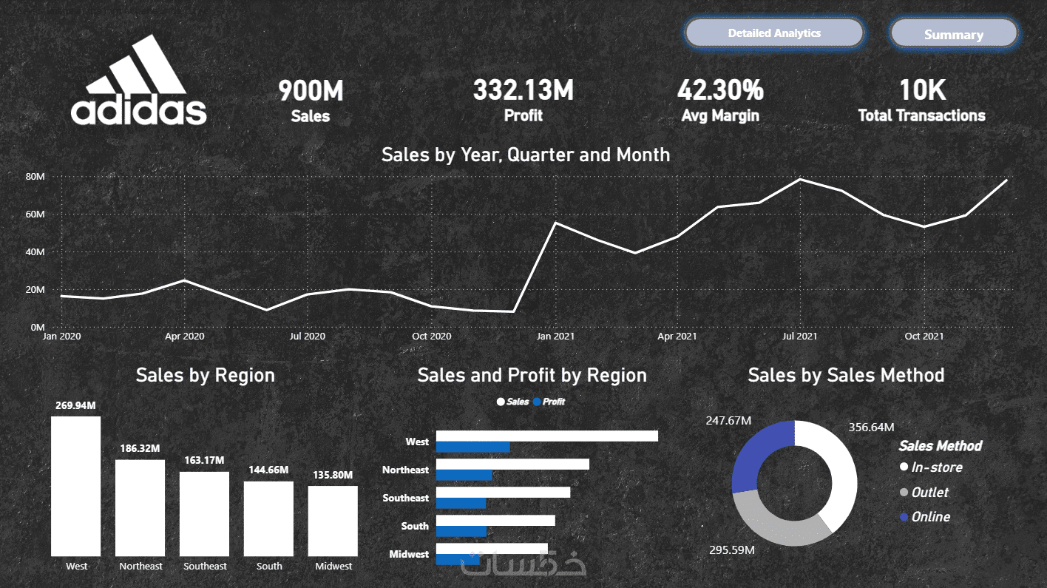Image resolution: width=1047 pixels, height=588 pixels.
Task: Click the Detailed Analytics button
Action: (774, 33)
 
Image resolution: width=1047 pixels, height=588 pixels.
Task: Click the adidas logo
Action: (138, 80)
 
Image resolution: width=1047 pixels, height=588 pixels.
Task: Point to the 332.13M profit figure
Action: (523, 89)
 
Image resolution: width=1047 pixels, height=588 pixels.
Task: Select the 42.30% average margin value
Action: (720, 89)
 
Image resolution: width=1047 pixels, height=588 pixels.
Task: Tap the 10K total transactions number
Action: (922, 89)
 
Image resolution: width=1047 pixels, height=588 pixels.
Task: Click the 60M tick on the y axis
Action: (35, 214)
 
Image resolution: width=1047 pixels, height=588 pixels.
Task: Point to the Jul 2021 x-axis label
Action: (800, 336)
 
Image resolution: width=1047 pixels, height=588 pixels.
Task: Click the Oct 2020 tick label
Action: (431, 336)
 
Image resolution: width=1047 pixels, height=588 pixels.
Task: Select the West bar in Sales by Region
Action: (75, 486)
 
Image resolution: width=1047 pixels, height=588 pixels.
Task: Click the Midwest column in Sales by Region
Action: (333, 521)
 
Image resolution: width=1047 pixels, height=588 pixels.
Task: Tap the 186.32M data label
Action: (140, 448)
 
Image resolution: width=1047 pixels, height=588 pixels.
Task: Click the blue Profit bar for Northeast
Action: (464, 476)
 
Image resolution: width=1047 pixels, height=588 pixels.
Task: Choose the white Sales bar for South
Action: (496, 520)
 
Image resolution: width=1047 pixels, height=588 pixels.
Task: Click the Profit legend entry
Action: (549, 402)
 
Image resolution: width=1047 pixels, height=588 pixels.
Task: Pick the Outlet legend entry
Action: (924, 492)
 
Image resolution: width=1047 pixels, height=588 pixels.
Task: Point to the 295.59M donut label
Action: (731, 550)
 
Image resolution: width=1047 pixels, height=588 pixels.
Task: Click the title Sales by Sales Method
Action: (846, 375)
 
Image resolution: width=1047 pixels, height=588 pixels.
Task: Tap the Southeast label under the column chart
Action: (205, 566)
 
